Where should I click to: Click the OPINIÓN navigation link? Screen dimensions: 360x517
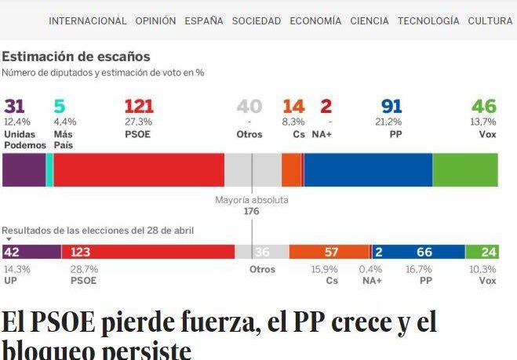pos(155,21)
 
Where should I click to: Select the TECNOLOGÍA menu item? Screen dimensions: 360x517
pos(428,21)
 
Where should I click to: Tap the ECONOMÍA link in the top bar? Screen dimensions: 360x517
pos(315,21)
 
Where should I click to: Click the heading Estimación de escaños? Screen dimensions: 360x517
pos(76,56)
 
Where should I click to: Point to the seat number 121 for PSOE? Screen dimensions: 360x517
pos(139,107)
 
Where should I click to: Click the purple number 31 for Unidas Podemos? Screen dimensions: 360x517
pos(14,107)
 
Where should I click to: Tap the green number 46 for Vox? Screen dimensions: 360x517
pos(484,107)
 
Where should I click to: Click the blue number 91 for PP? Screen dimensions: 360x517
pos(391,107)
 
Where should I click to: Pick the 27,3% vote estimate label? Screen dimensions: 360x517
pos(137,122)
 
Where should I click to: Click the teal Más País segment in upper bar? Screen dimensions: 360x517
pos(49,169)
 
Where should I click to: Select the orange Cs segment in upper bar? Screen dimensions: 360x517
pos(291,169)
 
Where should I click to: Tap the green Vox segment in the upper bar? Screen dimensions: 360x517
pos(465,169)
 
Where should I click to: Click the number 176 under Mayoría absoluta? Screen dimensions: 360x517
pos(251,211)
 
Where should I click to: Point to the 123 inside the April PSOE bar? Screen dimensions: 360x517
pos(81,252)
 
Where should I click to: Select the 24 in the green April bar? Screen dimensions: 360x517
pos(489,252)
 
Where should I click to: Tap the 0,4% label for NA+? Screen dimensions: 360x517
pos(372,269)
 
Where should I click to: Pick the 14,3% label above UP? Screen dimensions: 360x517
pos(16,269)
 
